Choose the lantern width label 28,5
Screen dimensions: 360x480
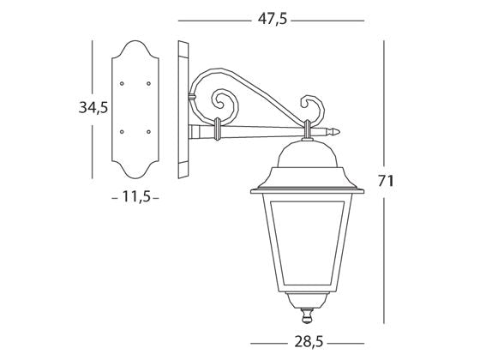pyautogui.click(x=307, y=342)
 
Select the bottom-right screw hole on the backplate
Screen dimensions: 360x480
pyautogui.click(x=148, y=130)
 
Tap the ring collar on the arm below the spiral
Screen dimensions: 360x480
pyautogui.click(x=218, y=128)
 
